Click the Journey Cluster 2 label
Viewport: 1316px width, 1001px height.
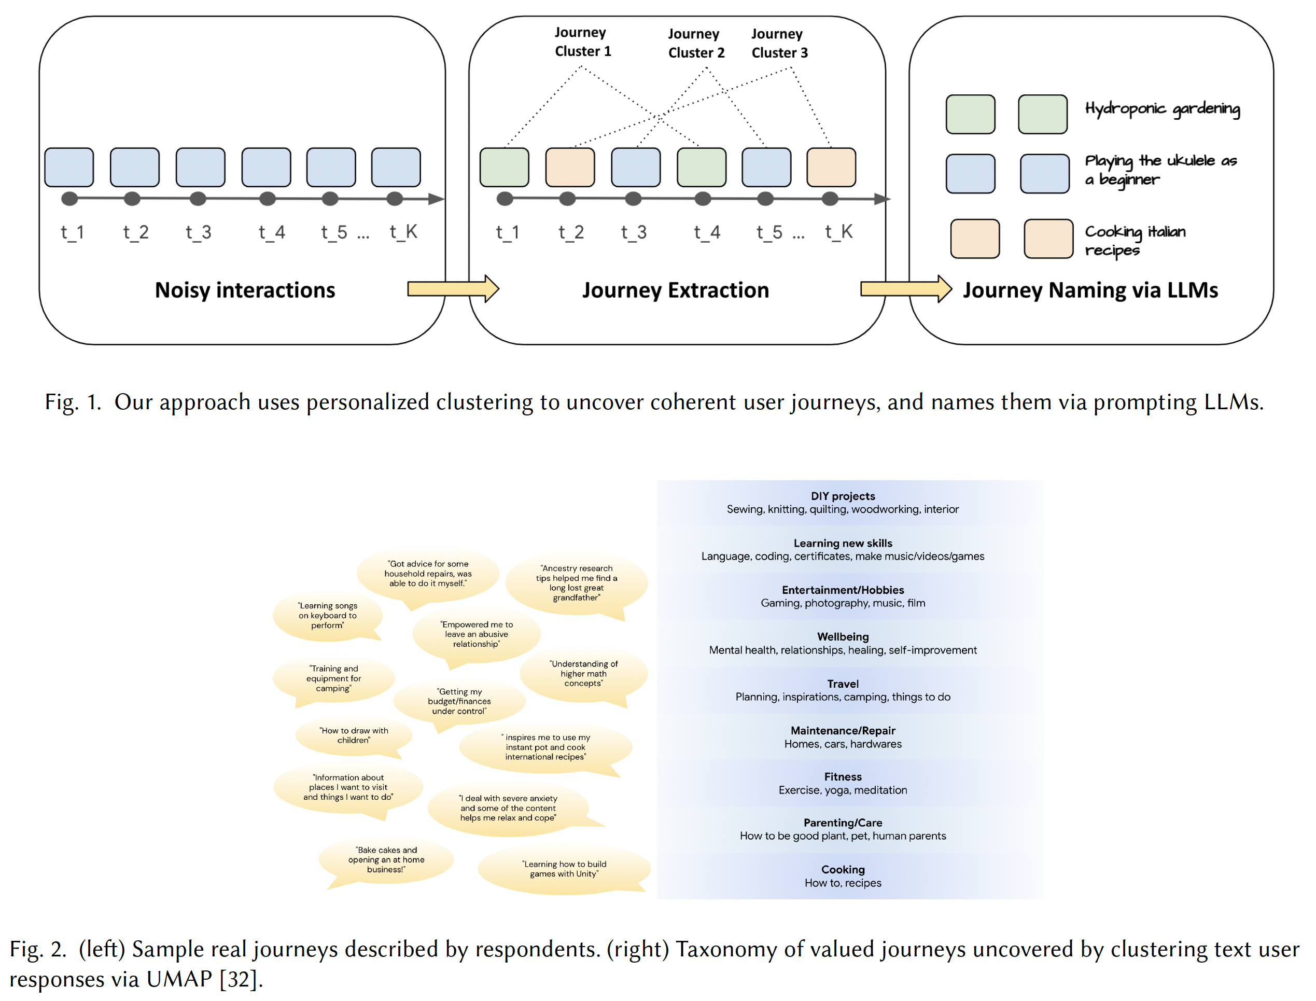[x=696, y=44]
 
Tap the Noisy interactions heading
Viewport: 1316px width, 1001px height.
[x=245, y=290]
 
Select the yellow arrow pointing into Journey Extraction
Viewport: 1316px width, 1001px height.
[x=453, y=289]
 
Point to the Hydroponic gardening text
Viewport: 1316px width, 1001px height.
[x=1161, y=109]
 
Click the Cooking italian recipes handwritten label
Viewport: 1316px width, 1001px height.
[x=1135, y=240]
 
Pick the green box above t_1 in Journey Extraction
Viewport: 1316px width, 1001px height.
[x=504, y=168]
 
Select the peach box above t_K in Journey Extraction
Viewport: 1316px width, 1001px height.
[x=831, y=168]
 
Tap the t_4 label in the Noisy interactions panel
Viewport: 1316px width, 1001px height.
[x=272, y=232]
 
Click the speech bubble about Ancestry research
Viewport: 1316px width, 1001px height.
[x=576, y=583]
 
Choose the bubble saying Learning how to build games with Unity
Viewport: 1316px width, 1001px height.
[x=564, y=869]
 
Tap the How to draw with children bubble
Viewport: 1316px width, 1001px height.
[x=353, y=735]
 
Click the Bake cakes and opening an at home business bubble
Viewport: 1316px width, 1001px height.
[x=386, y=859]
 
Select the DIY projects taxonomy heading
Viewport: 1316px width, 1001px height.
[x=843, y=496]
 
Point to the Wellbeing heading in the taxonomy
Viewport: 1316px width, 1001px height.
[x=843, y=637]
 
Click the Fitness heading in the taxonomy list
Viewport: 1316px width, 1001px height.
[x=843, y=777]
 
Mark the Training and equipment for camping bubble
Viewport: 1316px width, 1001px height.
[x=333, y=678]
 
